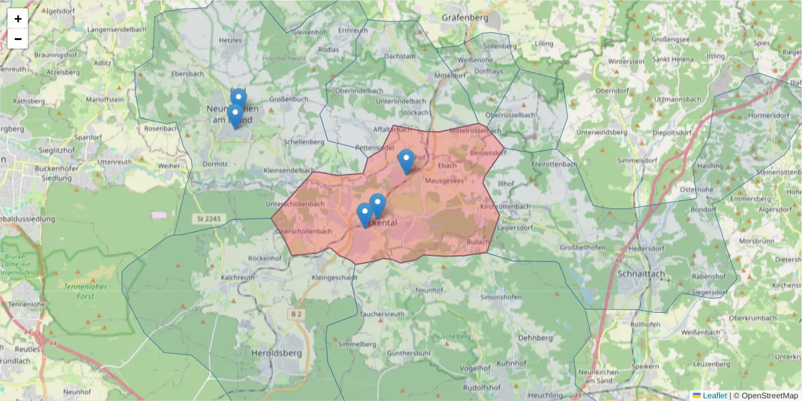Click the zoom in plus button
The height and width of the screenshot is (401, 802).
click(x=18, y=19)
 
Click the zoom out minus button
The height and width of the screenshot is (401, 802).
click(x=18, y=39)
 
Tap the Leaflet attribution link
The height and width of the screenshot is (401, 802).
click(x=714, y=396)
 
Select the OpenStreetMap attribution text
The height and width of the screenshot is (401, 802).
click(x=769, y=396)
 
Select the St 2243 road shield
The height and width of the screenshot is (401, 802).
click(x=209, y=219)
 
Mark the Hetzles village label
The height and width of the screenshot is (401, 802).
click(x=230, y=41)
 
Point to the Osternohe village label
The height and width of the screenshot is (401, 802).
click(x=696, y=190)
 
